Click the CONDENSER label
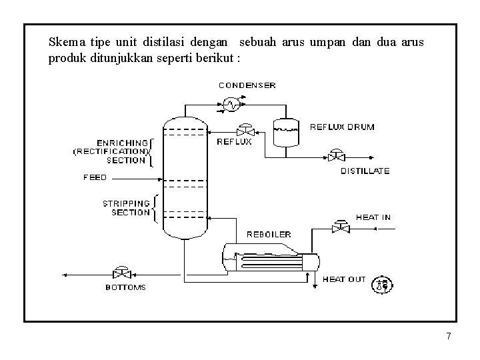[x=247, y=85]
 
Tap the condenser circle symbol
[x=231, y=103]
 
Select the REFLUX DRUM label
[x=342, y=127]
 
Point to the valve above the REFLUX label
[x=246, y=129]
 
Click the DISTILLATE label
[x=365, y=171]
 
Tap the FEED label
[x=95, y=178]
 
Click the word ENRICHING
[x=123, y=142]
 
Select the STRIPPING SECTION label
[x=125, y=207]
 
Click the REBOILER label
[x=269, y=234]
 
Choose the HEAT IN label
[x=373, y=217]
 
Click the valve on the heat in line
[x=341, y=227]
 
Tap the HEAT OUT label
[x=344, y=279]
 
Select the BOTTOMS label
[x=125, y=288]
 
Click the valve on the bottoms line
[x=122, y=273]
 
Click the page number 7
[x=449, y=337]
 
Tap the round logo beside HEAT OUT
[x=383, y=285]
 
